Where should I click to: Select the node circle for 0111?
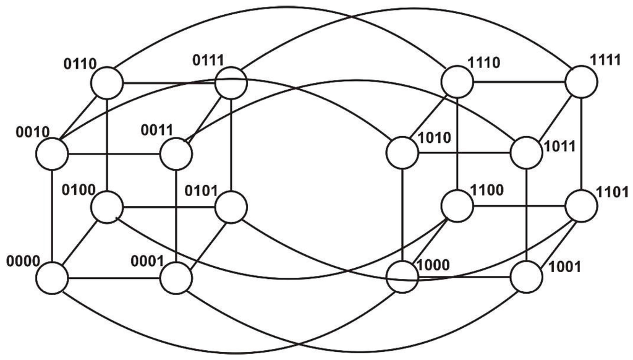(231, 82)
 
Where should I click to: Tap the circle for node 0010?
(51, 153)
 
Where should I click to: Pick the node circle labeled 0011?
(176, 153)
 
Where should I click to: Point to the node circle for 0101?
(231, 207)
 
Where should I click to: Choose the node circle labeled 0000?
(51, 278)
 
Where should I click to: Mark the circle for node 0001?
(176, 278)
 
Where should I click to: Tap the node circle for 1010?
(402, 152)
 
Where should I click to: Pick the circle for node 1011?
(527, 152)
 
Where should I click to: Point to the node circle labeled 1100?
(457, 207)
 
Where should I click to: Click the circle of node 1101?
(582, 207)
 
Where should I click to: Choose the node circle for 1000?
(402, 276)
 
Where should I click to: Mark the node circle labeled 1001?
(527, 276)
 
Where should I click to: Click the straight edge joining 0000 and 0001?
(114, 278)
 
